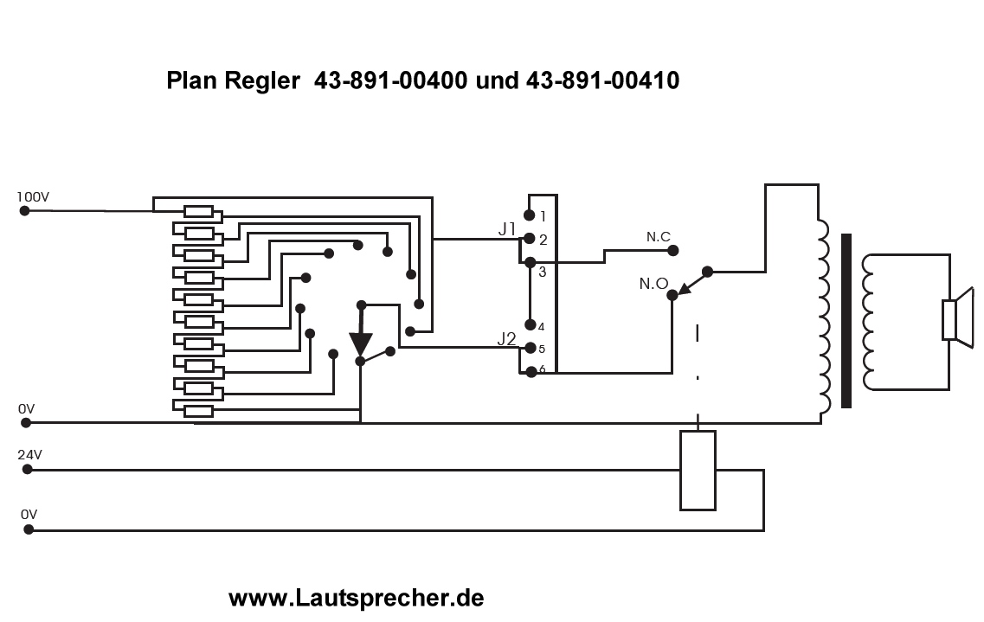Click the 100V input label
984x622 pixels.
(x=34, y=197)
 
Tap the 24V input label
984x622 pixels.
(x=30, y=453)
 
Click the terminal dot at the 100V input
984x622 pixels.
(x=24, y=210)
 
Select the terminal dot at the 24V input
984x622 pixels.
(x=27, y=469)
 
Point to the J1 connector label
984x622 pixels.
(x=507, y=229)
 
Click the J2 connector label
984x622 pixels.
(x=507, y=338)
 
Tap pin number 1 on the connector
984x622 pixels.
(x=543, y=216)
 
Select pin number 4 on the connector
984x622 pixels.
(x=541, y=326)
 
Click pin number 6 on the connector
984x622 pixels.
(x=541, y=369)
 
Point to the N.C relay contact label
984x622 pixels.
(x=659, y=236)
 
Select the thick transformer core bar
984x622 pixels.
(x=846, y=320)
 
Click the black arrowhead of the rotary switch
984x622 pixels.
(x=360, y=344)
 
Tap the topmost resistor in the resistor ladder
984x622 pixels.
(x=198, y=211)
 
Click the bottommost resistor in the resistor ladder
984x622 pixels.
(x=198, y=411)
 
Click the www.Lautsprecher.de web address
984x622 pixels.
(x=356, y=597)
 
